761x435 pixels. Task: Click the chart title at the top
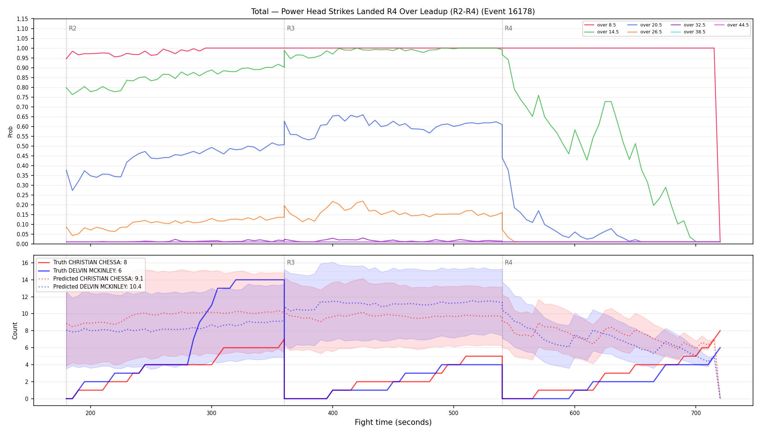coord(393,12)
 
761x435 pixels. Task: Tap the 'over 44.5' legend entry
coord(731,25)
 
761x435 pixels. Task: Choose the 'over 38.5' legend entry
coord(688,32)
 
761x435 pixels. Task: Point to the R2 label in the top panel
coord(72,28)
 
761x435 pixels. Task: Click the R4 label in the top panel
coord(508,28)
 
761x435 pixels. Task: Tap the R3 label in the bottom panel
coord(291,262)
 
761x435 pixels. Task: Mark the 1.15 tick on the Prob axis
coord(22,19)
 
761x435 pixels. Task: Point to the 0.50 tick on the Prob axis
coord(22,146)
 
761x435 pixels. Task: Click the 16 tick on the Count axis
coord(25,263)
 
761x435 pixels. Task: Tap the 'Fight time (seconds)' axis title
coord(393,422)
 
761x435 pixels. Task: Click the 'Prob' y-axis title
coord(11,132)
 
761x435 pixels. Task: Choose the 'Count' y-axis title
coord(15,331)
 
